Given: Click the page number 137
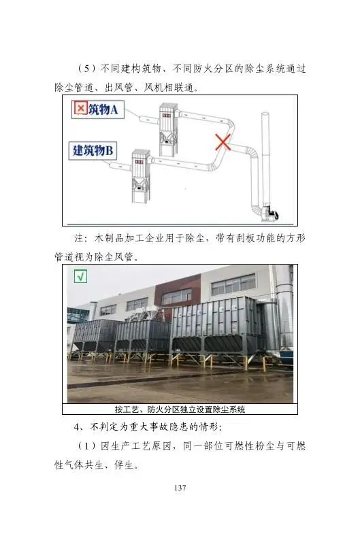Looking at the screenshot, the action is point(180,488).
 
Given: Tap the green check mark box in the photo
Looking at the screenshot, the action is point(80,276).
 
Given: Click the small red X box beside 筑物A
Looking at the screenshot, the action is point(80,109).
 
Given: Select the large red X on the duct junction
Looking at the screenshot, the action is point(223,142).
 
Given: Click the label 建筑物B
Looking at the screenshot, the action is point(93,150).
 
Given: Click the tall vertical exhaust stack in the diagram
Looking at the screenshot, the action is point(265,158).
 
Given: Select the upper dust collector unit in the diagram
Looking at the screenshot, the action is point(168,130).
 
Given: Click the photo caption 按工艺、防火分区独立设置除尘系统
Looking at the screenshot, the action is point(180,409).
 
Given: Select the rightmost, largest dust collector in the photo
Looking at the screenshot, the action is point(218,331).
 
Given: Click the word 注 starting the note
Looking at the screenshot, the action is point(79,238).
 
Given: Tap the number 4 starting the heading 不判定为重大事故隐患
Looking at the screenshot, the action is point(76,427).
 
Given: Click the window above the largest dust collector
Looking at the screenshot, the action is point(234,284).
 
